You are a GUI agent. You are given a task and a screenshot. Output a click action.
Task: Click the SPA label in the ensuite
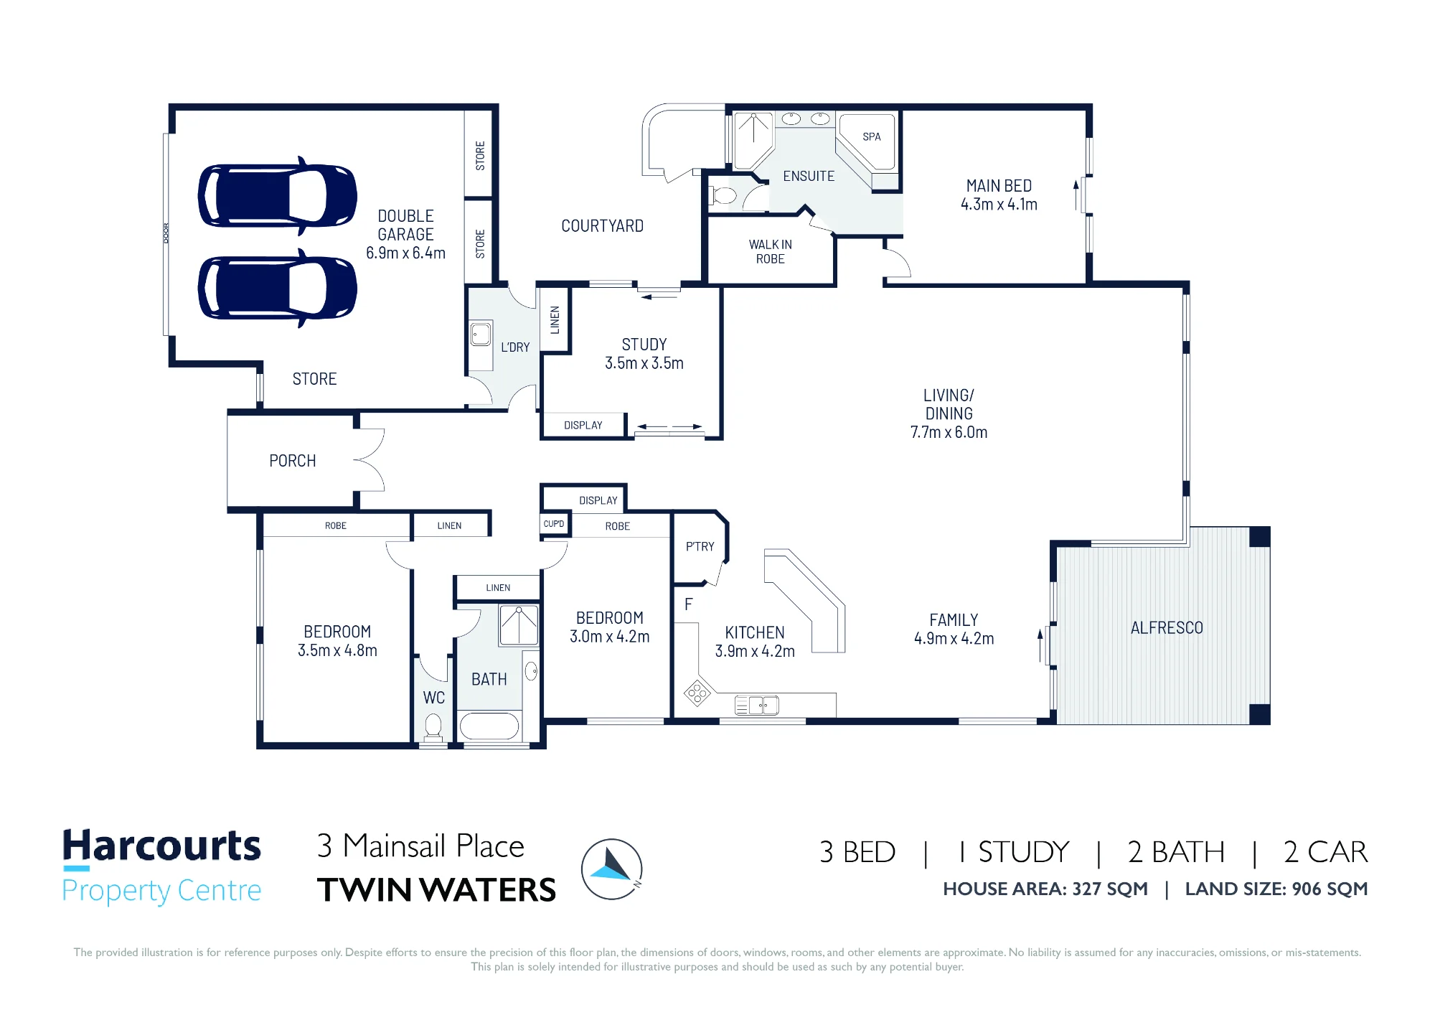point(872,136)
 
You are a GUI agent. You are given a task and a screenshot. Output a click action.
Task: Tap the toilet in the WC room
point(433,726)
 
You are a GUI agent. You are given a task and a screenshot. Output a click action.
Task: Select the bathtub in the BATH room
point(489,726)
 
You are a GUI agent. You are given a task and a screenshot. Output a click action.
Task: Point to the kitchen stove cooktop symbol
point(697,693)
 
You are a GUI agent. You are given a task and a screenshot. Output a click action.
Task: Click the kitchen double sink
point(757,706)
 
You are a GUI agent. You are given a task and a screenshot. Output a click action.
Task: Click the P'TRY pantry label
point(700,546)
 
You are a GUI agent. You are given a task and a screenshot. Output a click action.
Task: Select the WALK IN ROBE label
point(771,251)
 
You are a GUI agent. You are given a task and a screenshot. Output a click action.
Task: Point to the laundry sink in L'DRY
point(481,334)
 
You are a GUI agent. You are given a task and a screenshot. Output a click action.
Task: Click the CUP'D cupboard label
point(554,524)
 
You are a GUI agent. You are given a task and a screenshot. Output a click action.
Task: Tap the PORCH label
point(293,461)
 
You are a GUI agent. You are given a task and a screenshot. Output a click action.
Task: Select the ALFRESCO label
point(1167,628)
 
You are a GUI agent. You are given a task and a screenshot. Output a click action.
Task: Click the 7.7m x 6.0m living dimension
point(949,432)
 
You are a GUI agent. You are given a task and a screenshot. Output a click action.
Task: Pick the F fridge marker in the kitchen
point(689,604)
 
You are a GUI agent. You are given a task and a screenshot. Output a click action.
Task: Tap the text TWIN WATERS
point(436,890)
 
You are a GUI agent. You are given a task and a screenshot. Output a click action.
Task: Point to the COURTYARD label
point(603,226)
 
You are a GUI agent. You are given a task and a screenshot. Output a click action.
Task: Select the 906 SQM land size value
point(1330,889)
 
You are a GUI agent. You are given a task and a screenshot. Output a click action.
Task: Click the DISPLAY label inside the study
point(583,425)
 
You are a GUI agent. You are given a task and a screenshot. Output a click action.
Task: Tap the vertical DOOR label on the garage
point(166,233)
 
